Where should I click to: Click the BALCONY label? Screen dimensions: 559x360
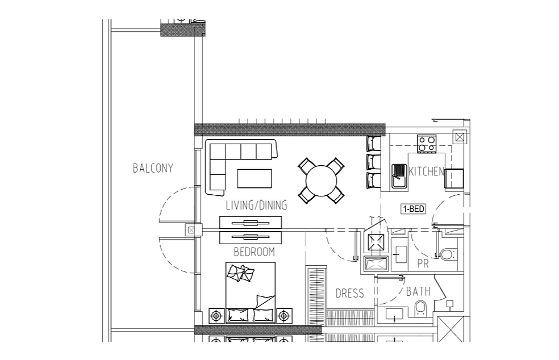[x=153, y=168]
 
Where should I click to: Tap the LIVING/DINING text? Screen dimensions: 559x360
[x=256, y=205]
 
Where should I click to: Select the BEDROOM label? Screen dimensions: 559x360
[x=254, y=252]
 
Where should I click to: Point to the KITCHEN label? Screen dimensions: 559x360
[x=427, y=171]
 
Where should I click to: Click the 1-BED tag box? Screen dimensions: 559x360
[x=414, y=208]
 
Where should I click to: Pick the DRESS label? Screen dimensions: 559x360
[x=350, y=294]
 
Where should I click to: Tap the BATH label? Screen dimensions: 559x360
[x=418, y=291]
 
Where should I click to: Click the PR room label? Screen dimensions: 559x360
[x=423, y=264]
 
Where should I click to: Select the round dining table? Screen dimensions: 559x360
[x=321, y=181]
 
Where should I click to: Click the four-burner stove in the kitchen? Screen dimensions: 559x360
[x=427, y=144]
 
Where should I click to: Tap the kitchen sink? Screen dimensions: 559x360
[x=399, y=175]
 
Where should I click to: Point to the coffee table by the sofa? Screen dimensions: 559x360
[x=255, y=178]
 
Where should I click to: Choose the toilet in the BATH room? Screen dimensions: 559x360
[x=421, y=308]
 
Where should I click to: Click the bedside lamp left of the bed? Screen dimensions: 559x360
[x=216, y=316]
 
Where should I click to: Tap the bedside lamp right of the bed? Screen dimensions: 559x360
[x=284, y=316]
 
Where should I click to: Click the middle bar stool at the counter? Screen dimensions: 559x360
[x=373, y=162]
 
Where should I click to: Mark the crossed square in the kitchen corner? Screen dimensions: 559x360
[x=459, y=137]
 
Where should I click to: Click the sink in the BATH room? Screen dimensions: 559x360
[x=394, y=314]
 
